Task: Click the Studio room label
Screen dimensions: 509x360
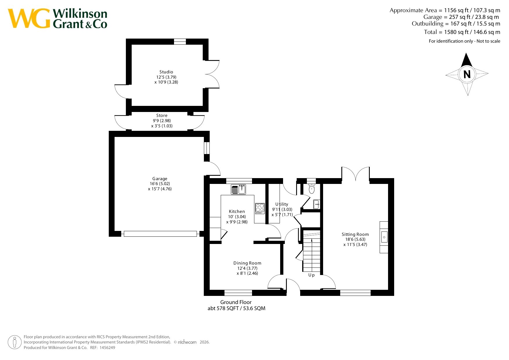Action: tap(166, 72)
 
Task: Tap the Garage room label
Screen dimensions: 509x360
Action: tap(160, 179)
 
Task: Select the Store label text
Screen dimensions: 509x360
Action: tap(162, 115)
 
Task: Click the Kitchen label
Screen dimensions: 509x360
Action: tap(237, 211)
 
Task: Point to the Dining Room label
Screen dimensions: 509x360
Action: tap(247, 263)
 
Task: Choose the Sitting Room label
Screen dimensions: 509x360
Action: tap(355, 234)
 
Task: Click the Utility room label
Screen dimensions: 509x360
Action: tap(282, 204)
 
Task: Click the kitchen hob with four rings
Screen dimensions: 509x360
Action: tap(260, 209)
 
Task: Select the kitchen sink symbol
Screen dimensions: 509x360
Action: tap(238, 189)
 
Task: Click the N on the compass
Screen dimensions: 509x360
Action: tap(467, 75)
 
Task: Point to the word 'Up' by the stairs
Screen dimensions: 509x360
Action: tap(311, 275)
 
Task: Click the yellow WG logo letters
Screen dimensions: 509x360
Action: tap(29, 18)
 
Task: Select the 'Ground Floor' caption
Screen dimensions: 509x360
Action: tap(236, 302)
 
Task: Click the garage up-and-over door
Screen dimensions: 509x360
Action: tap(160, 234)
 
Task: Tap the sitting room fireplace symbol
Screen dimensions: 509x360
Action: tap(384, 237)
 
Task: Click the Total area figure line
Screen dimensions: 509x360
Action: tap(462, 32)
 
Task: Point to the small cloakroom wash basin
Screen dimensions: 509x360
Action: tap(317, 204)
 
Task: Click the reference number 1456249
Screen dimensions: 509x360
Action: tap(107, 348)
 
